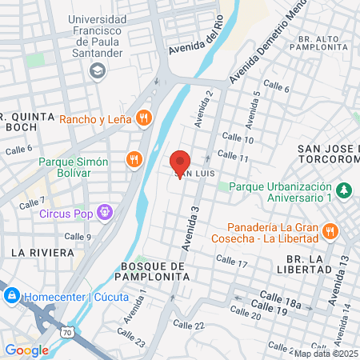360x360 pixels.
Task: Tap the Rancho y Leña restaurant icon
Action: click(x=144, y=119)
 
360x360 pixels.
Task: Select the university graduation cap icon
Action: click(x=98, y=70)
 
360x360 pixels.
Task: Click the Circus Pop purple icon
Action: click(x=104, y=213)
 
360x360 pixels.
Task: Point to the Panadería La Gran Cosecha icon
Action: click(x=330, y=232)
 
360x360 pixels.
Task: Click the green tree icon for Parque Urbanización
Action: click(x=343, y=191)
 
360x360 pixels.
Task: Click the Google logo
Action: click(x=26, y=350)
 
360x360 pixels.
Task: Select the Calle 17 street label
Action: click(x=232, y=262)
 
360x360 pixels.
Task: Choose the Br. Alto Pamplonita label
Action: click(x=327, y=43)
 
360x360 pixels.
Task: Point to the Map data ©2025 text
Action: click(x=326, y=353)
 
